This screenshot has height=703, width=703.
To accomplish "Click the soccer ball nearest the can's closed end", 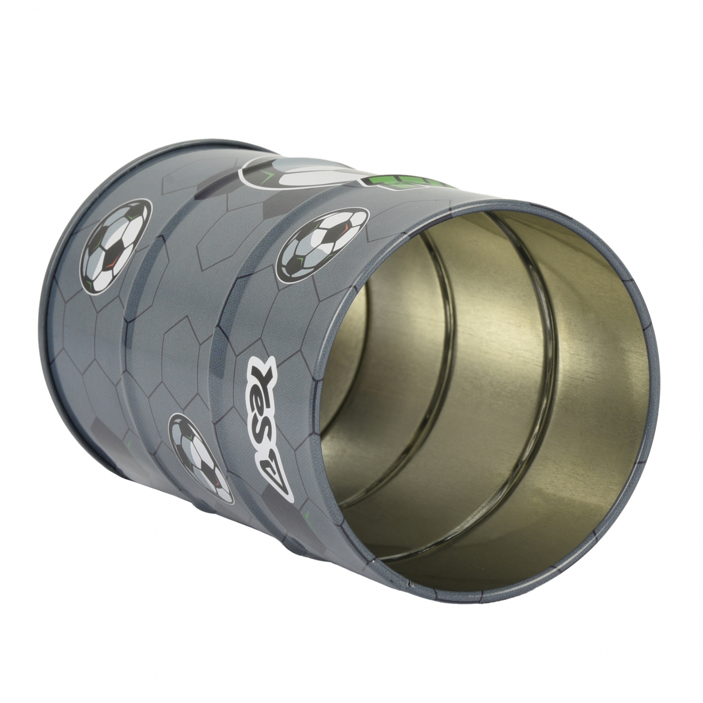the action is click(x=116, y=246).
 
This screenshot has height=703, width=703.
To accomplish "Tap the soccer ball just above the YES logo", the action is click(x=322, y=244).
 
